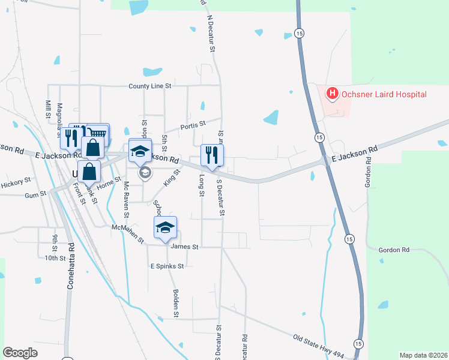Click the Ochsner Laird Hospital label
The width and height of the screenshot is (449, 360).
384,94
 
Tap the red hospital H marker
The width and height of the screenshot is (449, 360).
331,94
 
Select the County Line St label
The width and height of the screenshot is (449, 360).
150,86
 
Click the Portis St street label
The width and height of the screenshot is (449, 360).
194,125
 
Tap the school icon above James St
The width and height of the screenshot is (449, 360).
165,227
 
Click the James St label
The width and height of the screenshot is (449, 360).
184,246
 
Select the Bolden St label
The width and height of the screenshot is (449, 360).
176,303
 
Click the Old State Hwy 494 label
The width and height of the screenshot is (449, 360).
319,346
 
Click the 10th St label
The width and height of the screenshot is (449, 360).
55,258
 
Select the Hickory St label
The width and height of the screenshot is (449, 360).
16,180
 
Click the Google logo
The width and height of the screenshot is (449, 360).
20,353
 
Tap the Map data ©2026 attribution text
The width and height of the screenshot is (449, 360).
423,355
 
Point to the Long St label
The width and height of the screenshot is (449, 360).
202,185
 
